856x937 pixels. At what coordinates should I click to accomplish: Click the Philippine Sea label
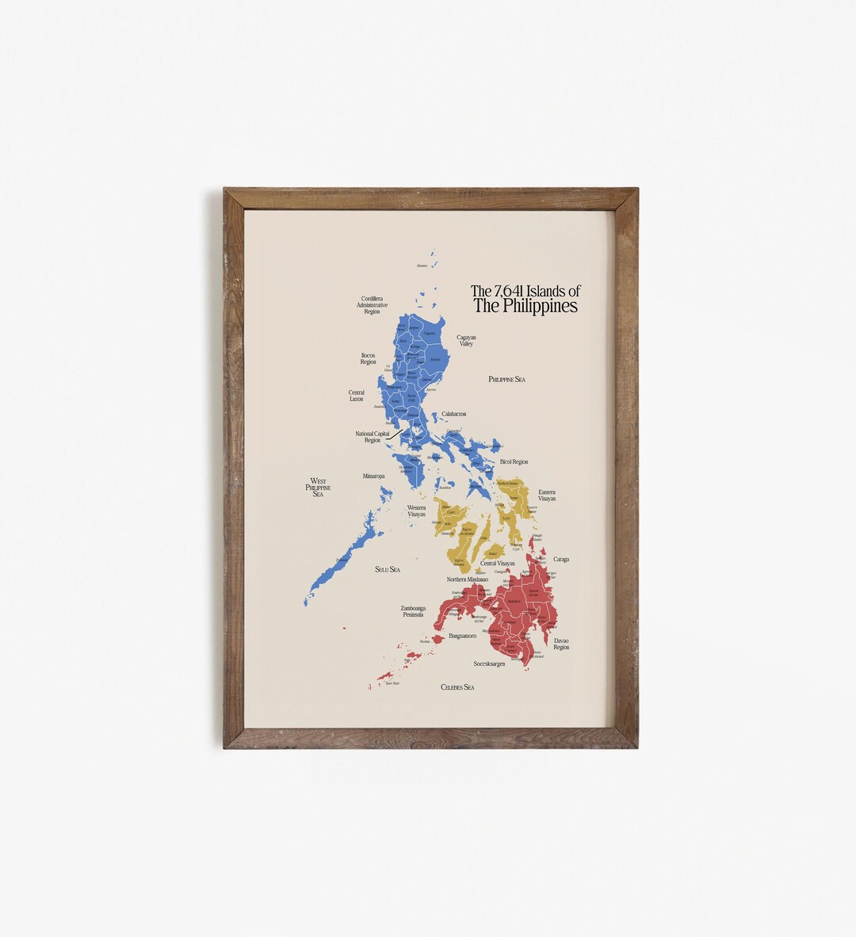[507, 380]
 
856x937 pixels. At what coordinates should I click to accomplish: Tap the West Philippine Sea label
[318, 488]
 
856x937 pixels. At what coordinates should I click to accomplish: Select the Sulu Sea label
[388, 570]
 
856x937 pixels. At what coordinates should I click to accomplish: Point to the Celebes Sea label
[457, 687]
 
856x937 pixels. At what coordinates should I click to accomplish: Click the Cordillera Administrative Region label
[372, 305]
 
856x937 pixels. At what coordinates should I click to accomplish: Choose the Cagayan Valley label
[466, 340]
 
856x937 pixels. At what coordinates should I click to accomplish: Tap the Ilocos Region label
[369, 359]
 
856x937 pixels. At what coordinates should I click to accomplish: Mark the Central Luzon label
[357, 396]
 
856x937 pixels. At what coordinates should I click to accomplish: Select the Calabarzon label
[454, 415]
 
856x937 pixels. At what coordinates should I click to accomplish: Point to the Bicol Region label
[514, 461]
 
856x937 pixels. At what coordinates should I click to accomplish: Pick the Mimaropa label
[373, 476]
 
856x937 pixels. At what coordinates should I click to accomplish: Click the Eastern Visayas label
[547, 495]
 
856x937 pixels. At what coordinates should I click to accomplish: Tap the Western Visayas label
[417, 511]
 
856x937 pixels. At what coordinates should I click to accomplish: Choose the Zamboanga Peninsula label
[412, 611]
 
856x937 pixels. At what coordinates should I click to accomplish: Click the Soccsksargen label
[490, 663]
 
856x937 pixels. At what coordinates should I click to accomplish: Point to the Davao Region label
[561, 644]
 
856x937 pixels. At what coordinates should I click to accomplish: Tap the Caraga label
[561, 560]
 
